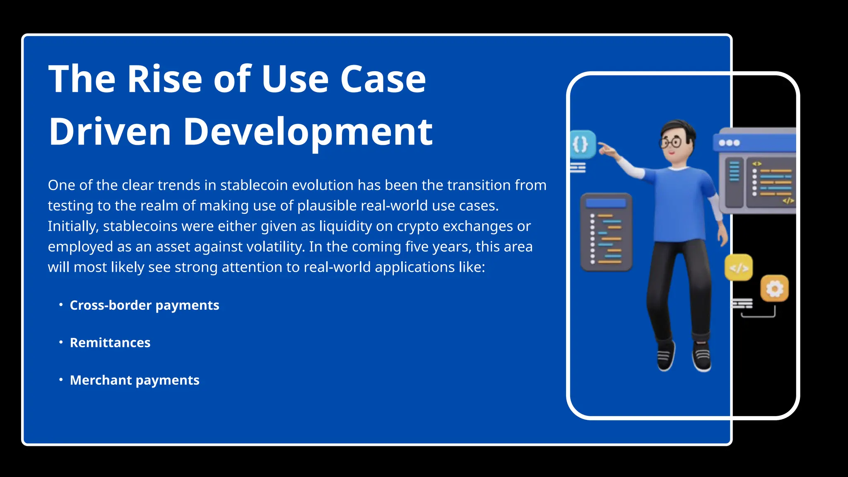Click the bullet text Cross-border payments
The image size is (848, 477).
click(x=144, y=305)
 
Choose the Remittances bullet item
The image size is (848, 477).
click(x=110, y=343)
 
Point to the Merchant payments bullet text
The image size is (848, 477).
click(x=134, y=380)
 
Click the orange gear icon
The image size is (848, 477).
click(x=774, y=288)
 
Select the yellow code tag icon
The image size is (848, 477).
click(x=739, y=268)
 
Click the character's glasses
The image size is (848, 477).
click(x=670, y=143)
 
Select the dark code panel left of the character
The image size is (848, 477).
click(x=606, y=232)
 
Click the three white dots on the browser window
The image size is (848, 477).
click(x=729, y=143)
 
